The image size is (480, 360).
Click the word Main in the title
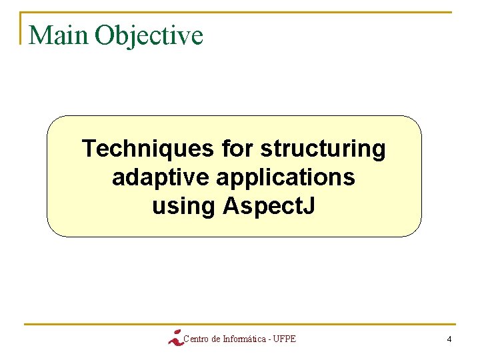coord(59,35)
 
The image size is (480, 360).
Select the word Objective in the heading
coord(149,35)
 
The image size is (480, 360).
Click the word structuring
coord(323,149)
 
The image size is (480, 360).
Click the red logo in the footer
coord(175,337)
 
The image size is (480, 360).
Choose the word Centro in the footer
coord(195,339)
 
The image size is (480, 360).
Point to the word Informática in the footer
coord(243,339)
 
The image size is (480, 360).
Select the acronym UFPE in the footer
coord(284,339)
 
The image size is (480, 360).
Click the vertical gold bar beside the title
coord(21,28)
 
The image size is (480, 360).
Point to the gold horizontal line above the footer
coord(240,325)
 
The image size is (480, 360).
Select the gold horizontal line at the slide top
coord(240,12)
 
